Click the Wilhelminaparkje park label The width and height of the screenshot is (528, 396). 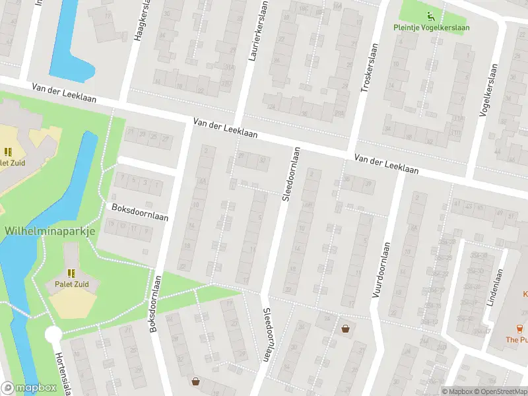(50, 231)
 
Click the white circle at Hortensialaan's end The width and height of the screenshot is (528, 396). (53, 335)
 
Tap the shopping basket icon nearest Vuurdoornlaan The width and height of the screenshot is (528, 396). (345, 329)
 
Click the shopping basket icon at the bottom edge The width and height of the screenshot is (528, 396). (195, 381)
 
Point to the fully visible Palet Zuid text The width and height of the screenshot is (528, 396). (72, 284)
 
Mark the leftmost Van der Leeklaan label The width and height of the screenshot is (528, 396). (64, 93)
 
